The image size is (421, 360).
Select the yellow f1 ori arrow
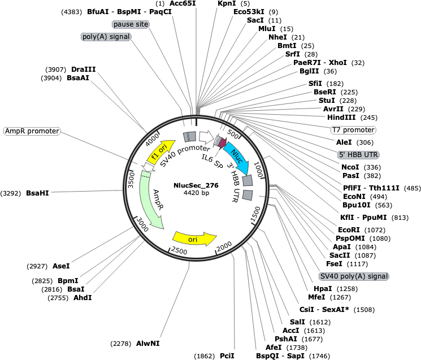[x=160, y=151]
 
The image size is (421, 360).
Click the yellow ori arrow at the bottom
[x=194, y=238]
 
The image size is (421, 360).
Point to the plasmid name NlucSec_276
[x=196, y=185]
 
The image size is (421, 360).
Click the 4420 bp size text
[x=196, y=193]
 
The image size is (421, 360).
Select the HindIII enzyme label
[x=341, y=118]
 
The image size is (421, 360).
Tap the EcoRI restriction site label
[x=349, y=230]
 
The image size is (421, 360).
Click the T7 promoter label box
[x=353, y=130]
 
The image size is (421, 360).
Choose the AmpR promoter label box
[x=32, y=131]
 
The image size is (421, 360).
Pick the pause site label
[x=131, y=24]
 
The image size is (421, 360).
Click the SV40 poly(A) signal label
[x=354, y=276]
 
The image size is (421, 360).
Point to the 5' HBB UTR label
[x=358, y=155]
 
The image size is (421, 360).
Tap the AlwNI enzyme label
[x=147, y=344]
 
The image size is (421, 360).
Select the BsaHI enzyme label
[x=37, y=193]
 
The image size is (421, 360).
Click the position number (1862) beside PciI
[x=205, y=356]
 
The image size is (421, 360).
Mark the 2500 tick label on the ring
[x=179, y=251]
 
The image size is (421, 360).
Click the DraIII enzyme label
[x=83, y=70]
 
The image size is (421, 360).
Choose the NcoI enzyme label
[x=350, y=167]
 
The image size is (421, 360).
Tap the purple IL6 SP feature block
[x=222, y=142]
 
